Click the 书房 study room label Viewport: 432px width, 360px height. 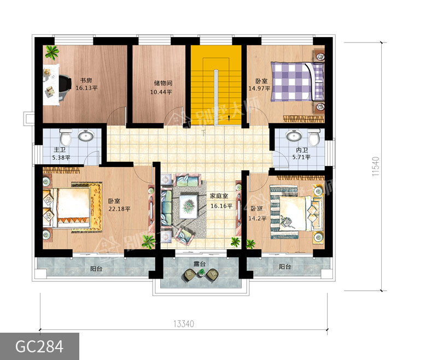86,81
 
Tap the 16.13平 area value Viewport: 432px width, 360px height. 86,88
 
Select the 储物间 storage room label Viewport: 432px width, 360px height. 163,83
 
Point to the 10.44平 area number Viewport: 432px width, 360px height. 161,92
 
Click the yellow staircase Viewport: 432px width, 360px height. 217,85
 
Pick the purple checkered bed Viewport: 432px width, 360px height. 297,81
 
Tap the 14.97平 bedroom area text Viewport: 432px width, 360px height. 259,88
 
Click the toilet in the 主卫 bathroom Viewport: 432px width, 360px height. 66,137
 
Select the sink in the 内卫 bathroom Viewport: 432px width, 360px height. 294,135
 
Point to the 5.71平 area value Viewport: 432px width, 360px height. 301,157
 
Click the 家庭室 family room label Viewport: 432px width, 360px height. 219,196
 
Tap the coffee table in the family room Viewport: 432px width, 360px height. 189,206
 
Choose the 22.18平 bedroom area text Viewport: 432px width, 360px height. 119,209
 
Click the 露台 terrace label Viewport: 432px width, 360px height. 200,264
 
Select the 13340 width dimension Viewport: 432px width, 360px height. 184,324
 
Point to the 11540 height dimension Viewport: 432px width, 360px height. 376,167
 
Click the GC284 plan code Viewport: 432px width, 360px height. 39,346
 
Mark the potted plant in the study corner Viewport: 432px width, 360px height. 52,52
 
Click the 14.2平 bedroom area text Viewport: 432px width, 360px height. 258,219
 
